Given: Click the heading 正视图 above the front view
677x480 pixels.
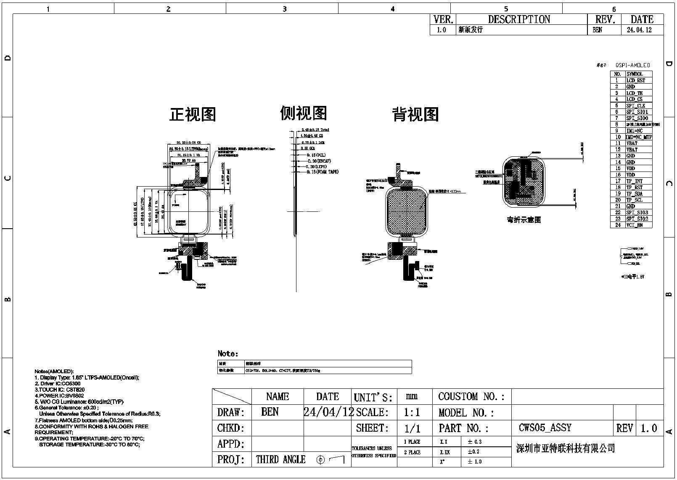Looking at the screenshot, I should [x=193, y=114].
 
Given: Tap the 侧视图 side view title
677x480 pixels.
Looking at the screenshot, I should [x=303, y=113].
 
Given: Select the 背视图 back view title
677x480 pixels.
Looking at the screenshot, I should [x=415, y=114].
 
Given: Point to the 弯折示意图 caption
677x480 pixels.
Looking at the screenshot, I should [x=524, y=219].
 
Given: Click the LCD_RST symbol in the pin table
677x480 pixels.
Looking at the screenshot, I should [x=635, y=80].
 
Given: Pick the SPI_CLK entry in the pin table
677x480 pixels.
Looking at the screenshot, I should [x=635, y=105].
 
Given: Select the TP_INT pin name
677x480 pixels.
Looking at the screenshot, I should [x=635, y=181].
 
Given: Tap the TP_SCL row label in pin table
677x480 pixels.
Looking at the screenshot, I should [x=635, y=200].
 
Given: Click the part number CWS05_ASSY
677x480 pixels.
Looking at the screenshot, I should [x=545, y=428].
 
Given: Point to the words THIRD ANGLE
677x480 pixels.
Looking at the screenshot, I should [x=280, y=459].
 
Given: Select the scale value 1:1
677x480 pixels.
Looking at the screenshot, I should [x=412, y=412].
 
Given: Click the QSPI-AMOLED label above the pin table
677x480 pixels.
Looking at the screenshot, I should [x=632, y=65].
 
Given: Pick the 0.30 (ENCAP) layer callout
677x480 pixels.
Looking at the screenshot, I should [x=319, y=161].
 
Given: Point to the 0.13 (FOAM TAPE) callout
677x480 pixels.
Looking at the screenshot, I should [x=322, y=172].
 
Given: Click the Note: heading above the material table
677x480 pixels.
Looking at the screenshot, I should [x=228, y=353].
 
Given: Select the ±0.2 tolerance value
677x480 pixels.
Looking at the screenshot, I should [x=473, y=452].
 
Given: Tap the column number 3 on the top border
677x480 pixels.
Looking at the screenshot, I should [x=284, y=9].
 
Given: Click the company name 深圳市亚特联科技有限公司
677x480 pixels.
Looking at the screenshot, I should [x=566, y=448].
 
